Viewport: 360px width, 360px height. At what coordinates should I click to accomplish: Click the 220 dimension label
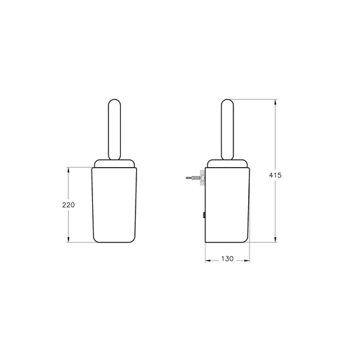pos(69,205)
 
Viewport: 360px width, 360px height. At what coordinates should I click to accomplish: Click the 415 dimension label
pos(275,175)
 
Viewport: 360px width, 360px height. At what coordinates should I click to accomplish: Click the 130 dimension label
pos(227,259)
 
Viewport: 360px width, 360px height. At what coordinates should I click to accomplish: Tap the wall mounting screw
pos(194,178)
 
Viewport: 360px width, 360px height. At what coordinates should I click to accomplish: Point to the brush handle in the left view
pos(115,129)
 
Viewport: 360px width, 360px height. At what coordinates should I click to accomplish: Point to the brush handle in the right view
pos(227,129)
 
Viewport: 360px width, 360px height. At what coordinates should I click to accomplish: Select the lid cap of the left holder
pos(115,164)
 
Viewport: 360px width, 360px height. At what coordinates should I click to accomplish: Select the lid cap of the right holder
pos(227,164)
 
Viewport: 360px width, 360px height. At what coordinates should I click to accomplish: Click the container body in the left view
pos(114,205)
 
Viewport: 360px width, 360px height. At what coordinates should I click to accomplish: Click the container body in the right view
pos(227,205)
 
